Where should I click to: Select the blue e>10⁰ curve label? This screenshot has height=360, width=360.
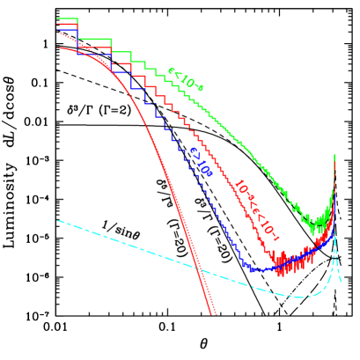[x=202, y=162]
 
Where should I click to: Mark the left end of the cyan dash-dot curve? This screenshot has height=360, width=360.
[x=58, y=221]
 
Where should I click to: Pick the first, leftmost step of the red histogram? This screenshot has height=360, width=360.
[x=65, y=25]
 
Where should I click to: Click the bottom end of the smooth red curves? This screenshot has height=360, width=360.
[x=213, y=312]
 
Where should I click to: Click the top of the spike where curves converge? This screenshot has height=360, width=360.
[x=335, y=156]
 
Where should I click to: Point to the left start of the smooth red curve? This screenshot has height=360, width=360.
[x=60, y=48]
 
